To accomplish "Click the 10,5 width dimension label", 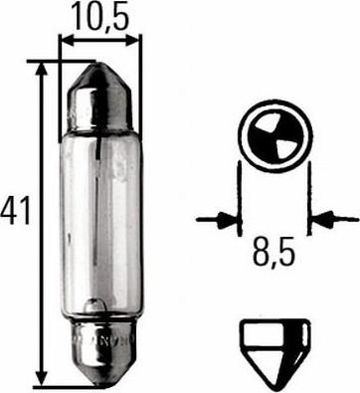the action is click(x=99, y=15).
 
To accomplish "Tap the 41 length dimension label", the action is click(x=16, y=210).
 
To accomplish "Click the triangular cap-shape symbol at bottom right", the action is click(x=275, y=353).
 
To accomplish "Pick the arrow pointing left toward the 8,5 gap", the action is click(x=334, y=219).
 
